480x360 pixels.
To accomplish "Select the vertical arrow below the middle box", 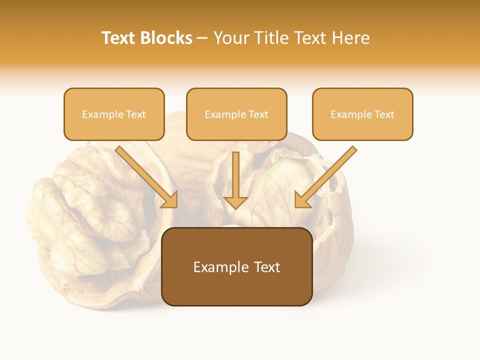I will click(235, 177).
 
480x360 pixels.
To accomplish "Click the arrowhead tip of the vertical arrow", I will click(235, 208).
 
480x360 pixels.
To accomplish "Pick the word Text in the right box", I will click(384, 114).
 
